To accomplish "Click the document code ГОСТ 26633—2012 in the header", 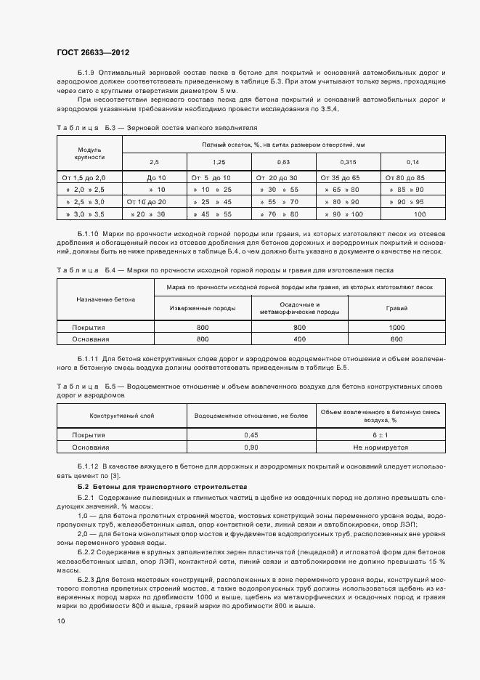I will click(x=93, y=52).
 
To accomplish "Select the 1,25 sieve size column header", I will click(x=219, y=161).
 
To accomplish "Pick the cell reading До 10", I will click(x=156, y=178).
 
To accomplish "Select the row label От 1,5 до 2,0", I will click(x=84, y=178).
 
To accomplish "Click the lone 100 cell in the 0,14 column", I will click(x=420, y=214).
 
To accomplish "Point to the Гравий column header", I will click(x=396, y=308).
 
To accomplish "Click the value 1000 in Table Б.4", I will click(x=396, y=328).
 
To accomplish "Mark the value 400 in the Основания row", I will click(x=299, y=339).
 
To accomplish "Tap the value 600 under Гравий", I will click(x=396, y=339).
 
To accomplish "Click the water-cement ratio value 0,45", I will click(x=251, y=435).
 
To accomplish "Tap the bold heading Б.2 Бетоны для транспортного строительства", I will click(x=163, y=485).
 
